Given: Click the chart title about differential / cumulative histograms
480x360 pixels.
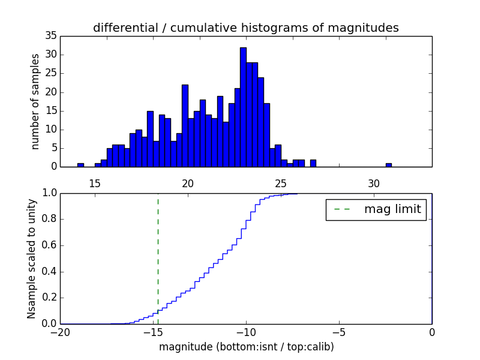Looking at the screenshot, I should point(245,28).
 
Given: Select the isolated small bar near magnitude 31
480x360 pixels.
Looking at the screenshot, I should point(389,164).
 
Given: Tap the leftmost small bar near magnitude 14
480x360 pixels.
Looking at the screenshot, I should point(80,164).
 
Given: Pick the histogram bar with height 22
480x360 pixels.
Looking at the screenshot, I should point(185,125).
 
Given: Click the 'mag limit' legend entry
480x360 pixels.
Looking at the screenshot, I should point(376,209).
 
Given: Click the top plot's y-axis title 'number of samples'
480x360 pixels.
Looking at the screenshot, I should point(35,101).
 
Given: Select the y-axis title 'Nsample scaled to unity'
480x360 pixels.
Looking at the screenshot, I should point(31,258).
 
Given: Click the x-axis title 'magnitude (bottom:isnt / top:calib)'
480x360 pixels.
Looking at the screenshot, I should point(246,347).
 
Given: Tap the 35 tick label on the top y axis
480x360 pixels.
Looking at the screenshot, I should point(50,36).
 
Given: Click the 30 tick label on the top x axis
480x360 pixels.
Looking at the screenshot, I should point(374,183).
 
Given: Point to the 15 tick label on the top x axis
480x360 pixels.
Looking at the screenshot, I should point(95,183).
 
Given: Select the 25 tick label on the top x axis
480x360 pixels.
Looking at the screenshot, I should point(281,183).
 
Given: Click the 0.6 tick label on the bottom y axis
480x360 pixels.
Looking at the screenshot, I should point(49,245).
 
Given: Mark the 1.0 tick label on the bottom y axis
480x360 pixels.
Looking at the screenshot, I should point(49,193).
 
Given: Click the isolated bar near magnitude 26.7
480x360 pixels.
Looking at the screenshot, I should point(313,163).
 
